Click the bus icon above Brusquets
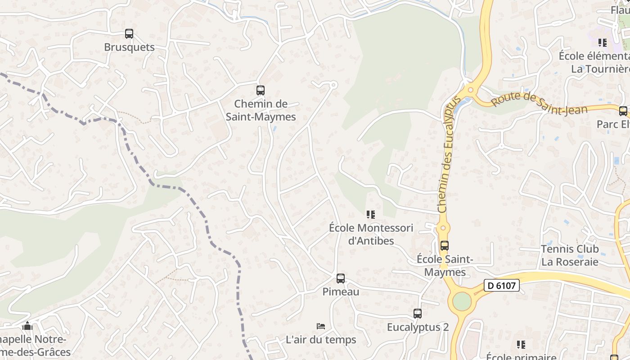tap(129, 34)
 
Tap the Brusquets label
tap(129, 47)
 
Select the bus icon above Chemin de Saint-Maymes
tap(261, 90)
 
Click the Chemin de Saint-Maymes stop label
tap(261, 110)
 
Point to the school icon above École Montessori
tap(371, 215)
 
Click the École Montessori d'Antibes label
tap(371, 234)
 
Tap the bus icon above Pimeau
tap(341, 279)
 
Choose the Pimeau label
tap(341, 292)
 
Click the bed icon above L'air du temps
tap(321, 326)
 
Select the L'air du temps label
tap(321, 340)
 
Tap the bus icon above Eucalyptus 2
tap(418, 313)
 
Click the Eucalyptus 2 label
tap(418, 327)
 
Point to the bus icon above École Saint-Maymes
tap(445, 246)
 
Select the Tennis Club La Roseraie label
tap(570, 255)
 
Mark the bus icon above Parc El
tap(623, 111)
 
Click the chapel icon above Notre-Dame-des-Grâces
tap(27, 326)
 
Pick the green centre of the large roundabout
tap(462, 301)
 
